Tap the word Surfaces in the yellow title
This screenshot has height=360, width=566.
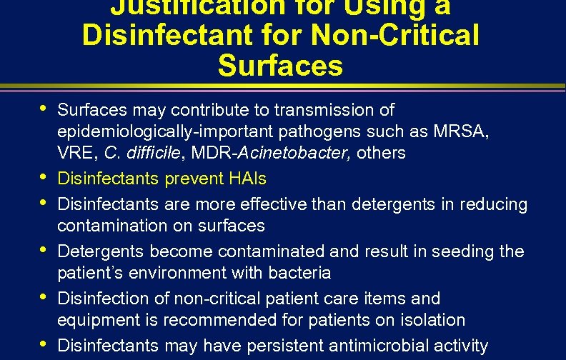point(280,66)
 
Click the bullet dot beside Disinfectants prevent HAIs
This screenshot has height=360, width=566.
point(44,175)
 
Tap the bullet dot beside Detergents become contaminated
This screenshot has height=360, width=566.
point(44,249)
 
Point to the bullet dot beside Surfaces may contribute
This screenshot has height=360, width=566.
point(44,107)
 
